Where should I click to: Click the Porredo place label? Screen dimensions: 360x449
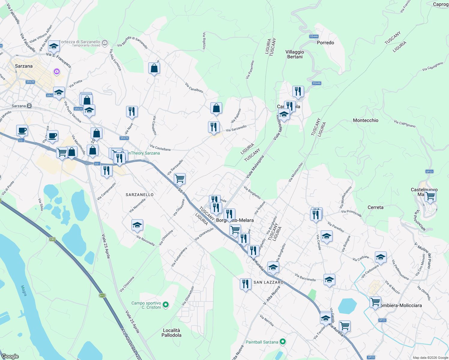pos(325,43)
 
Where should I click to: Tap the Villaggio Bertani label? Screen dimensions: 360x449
pos(295,54)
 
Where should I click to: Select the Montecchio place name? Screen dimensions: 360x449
pos(366,120)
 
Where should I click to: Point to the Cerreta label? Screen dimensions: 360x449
pos(375,207)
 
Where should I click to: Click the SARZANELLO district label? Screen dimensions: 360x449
pos(140,195)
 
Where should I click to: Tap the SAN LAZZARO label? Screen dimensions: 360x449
pos(269,282)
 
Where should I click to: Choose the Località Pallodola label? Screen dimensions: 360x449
pos(171,333)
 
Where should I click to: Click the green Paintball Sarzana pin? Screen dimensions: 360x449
pos(282,342)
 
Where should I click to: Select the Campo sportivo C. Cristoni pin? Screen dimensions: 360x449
pos(165,305)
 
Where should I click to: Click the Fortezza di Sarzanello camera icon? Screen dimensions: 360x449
pos(105,43)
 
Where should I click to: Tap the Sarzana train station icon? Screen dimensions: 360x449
pos(29,106)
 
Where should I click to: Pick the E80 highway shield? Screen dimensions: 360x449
pos(53,239)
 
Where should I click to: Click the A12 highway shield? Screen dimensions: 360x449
pos(102,295)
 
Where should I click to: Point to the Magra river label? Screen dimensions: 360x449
pos(24,290)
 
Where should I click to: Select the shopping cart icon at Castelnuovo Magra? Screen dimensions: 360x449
pos(430,196)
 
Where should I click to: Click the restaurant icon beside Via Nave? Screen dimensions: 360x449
pos(132,111)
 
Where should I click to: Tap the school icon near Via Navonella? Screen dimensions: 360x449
pos(137,225)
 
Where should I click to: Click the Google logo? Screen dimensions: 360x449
pos(10,356)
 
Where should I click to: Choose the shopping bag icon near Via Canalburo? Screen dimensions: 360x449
pos(216,108)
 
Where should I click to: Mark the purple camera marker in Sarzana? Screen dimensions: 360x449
pos(57,72)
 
